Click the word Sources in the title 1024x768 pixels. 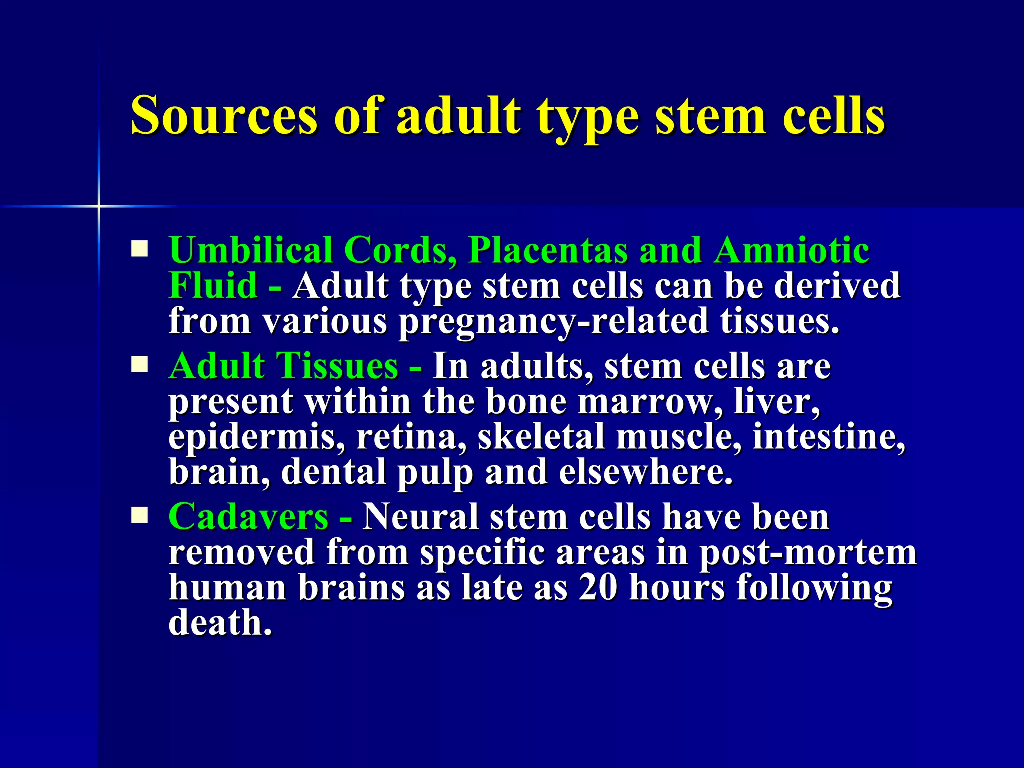pos(224,116)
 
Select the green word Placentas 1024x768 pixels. pos(547,250)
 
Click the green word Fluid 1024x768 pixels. pos(213,286)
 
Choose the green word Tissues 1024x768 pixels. pos(337,366)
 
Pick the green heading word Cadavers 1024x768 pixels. pos(248,517)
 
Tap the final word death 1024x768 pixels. pos(220,623)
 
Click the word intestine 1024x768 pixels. pos(828,437)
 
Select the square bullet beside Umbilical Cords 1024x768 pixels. pos(140,249)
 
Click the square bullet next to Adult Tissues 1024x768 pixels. pos(140,365)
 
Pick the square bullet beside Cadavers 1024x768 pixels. pos(140,515)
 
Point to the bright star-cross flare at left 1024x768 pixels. pos(99,206)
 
